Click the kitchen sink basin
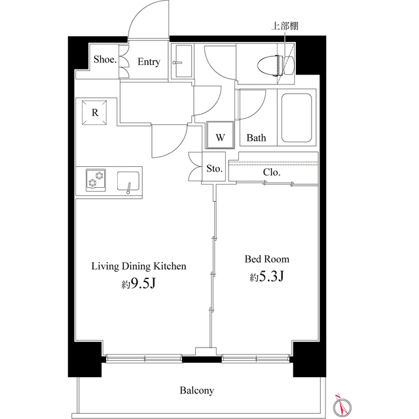point(128,180)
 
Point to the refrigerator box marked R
point(96,112)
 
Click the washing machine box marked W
point(221,137)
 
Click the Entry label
point(149,62)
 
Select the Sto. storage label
point(215,169)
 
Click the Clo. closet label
point(272,172)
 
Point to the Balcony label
point(197,391)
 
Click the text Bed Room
point(266,259)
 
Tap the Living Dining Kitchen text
point(139,266)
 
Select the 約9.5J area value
point(138,283)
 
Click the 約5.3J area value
point(266,277)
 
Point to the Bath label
point(256,138)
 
